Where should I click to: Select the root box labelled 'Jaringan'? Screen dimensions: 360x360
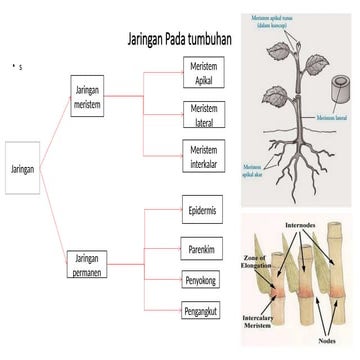[23, 170]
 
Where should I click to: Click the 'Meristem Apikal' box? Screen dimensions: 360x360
[203, 71]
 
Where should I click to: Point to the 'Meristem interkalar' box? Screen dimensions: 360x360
[203, 155]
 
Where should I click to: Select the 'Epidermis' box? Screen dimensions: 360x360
[203, 212]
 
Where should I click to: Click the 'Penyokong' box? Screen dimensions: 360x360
[202, 280]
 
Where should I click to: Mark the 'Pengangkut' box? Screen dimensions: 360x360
[203, 310]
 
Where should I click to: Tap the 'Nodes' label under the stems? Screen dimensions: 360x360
[327, 340]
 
